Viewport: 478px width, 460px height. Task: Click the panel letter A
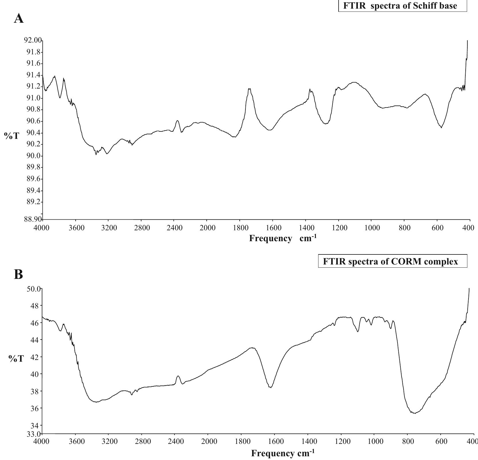pos(19,19)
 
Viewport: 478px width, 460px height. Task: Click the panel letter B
pos(18,275)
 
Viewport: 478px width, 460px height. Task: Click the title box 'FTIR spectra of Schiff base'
pos(402,6)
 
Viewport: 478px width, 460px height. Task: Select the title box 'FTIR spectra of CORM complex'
pos(392,261)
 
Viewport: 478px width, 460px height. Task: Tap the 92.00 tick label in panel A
pos(32,40)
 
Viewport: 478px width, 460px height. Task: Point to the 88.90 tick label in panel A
pos(32,219)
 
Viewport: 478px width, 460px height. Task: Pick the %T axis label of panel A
pos(12,136)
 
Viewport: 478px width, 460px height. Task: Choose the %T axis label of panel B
pos(16,359)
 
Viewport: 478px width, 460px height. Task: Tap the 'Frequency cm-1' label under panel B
pos(283,453)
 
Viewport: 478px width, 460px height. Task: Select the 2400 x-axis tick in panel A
pos(174,228)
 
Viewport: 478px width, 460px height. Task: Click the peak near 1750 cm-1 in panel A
pos(249,89)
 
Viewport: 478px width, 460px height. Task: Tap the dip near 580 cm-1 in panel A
pos(441,127)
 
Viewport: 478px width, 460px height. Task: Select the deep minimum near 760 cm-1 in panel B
pos(414,413)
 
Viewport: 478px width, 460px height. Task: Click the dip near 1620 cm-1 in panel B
pos(270,387)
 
